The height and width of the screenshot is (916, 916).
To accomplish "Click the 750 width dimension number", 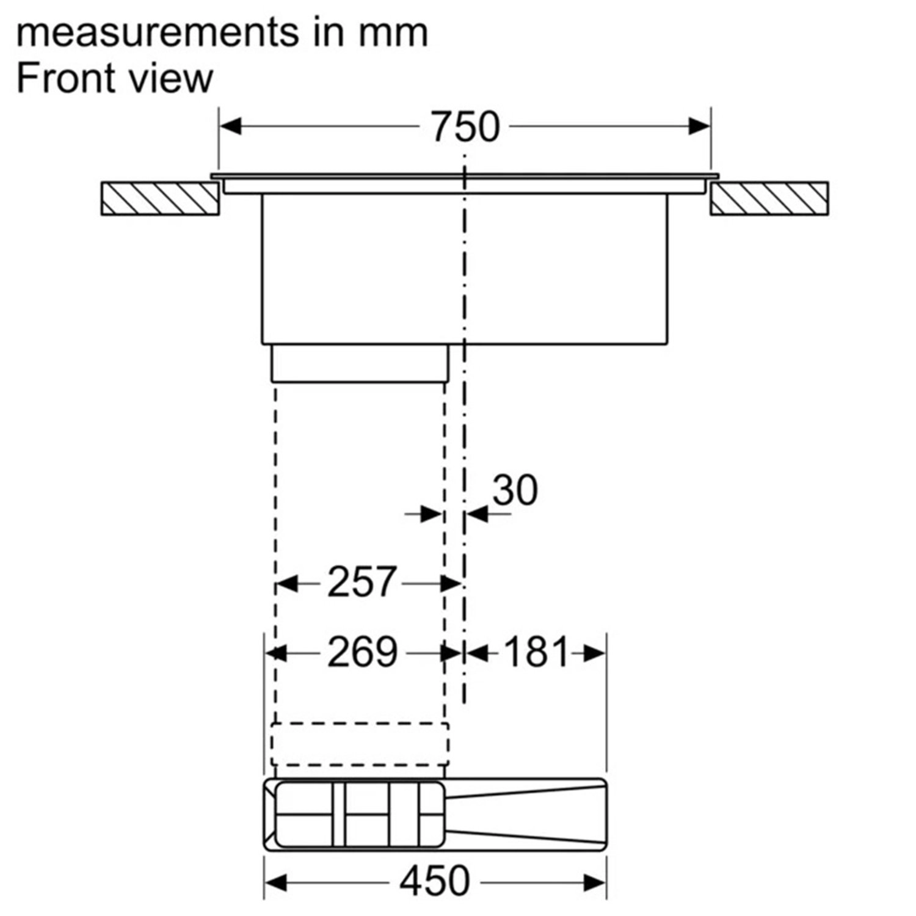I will coord(465,127).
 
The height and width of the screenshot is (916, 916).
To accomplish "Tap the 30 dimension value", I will coord(515,490).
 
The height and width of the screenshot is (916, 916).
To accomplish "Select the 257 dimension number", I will coord(362,582).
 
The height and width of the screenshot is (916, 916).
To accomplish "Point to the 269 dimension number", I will coord(362,652).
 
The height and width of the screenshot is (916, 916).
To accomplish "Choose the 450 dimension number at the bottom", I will coord(434,881).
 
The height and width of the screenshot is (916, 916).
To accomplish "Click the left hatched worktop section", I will coord(160,198).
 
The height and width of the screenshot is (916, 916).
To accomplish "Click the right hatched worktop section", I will coord(769,198).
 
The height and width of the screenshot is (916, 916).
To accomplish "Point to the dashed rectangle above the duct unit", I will coord(360,744).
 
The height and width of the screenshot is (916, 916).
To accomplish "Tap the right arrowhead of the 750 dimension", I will coord(699,126).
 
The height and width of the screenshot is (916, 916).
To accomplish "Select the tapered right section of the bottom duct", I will coord(525,814).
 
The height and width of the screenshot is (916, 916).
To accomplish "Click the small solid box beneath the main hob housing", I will coord(360,363).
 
